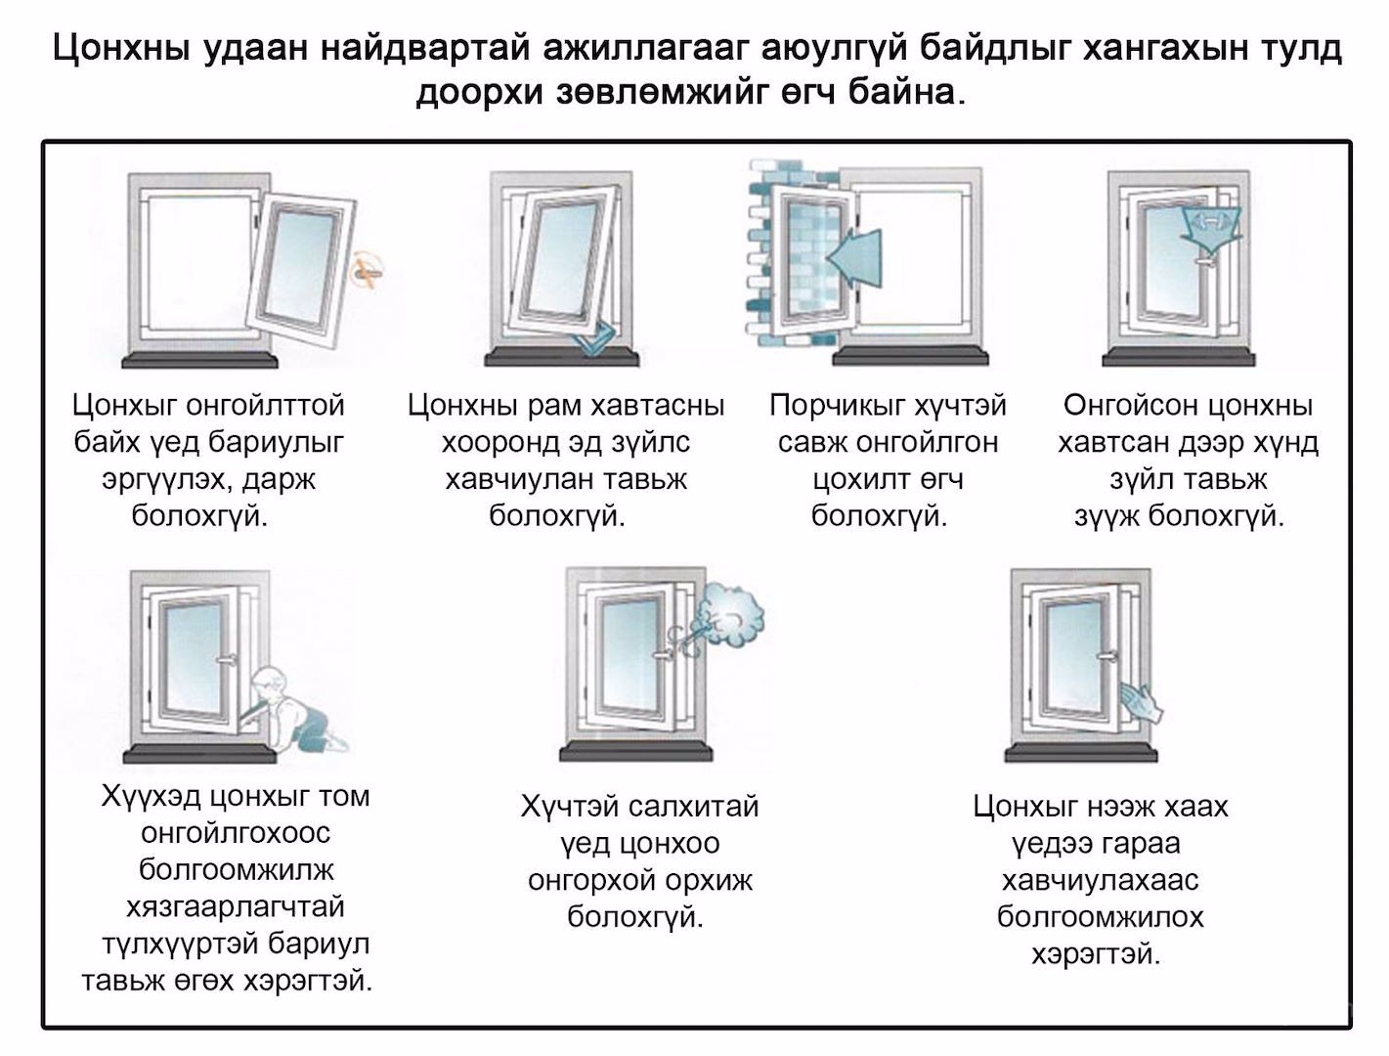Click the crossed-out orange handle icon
pyautogui.click(x=367, y=271)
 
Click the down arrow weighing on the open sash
pyautogui.click(x=1210, y=229)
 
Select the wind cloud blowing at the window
pyautogui.click(x=731, y=613)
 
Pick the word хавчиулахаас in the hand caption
pyautogui.click(x=1100, y=881)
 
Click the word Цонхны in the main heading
pyautogui.click(x=121, y=49)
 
